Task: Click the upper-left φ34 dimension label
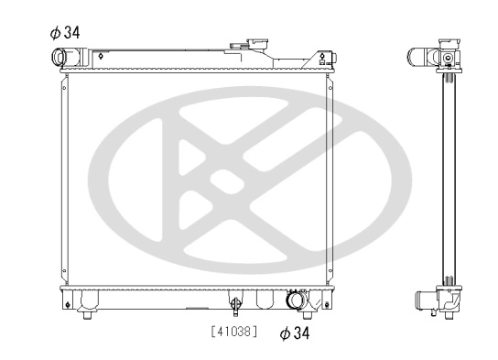65,32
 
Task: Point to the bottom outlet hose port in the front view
296,301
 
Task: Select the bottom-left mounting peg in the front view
85,313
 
